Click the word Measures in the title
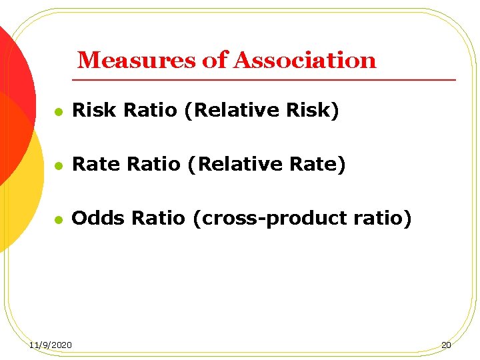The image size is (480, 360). click(x=137, y=61)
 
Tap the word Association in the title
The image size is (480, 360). click(x=305, y=61)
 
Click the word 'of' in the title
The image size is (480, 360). click(x=215, y=61)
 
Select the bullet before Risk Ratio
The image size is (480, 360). click(x=59, y=111)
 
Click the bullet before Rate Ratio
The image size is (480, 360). click(x=59, y=165)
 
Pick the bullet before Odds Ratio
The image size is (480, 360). click(x=59, y=219)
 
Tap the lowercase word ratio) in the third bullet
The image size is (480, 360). click(x=385, y=218)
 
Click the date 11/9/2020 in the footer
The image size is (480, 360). click(x=52, y=345)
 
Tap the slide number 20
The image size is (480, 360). click(x=446, y=345)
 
